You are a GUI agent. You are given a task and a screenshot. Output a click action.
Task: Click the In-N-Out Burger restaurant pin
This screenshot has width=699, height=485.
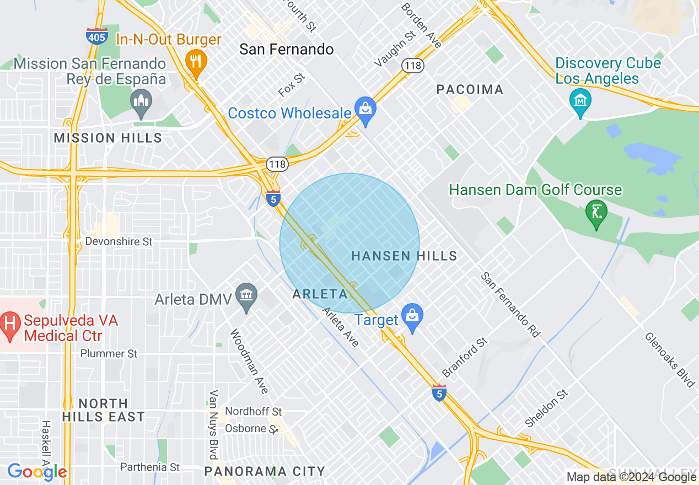[x=195, y=61]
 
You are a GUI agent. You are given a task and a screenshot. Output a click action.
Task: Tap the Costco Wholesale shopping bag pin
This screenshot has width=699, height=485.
[x=365, y=109]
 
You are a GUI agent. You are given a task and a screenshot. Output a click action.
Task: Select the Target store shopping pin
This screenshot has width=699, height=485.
[x=412, y=316]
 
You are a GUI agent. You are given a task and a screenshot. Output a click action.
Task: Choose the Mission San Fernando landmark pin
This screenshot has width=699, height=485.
[x=141, y=102]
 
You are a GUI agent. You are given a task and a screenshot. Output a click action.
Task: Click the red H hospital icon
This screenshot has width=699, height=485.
[x=9, y=321]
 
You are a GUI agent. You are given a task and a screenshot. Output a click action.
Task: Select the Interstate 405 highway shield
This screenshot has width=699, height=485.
[x=96, y=36]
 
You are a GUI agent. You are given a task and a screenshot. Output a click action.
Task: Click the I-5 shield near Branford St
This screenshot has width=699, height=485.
[x=439, y=393]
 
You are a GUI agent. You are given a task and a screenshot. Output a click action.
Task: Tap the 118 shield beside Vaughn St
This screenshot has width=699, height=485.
[x=412, y=66]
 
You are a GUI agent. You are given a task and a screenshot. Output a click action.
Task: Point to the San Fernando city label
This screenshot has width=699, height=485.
[x=286, y=50]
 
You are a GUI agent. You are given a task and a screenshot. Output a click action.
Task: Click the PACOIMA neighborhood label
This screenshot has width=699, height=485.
[x=470, y=89]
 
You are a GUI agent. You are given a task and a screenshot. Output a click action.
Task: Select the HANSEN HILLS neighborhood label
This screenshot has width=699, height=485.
[x=404, y=256]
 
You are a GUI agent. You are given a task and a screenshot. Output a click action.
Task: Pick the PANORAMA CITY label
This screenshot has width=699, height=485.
[x=265, y=471]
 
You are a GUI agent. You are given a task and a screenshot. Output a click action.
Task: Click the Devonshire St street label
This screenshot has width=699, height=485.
[x=119, y=241]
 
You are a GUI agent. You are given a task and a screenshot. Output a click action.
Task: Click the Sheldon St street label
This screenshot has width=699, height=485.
[x=546, y=409]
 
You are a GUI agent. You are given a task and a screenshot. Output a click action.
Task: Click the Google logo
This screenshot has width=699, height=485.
[x=37, y=472]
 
